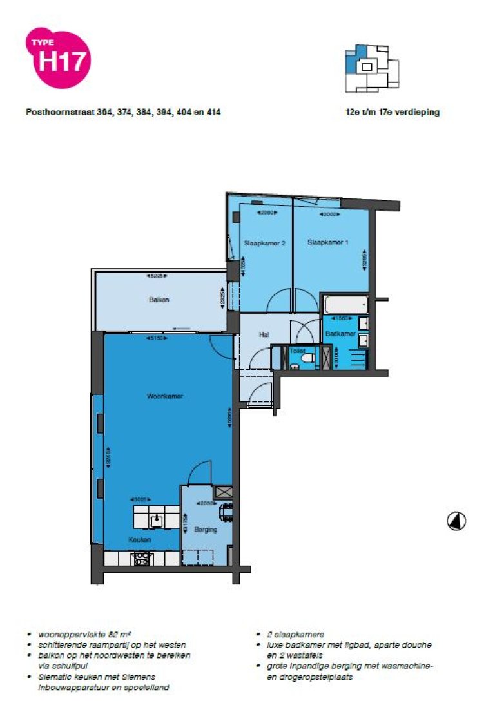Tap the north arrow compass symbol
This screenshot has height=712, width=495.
click(x=456, y=521)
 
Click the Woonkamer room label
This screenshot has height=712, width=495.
click(x=165, y=396)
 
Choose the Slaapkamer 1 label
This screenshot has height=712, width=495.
click(x=327, y=243)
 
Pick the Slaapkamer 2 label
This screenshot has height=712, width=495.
click(x=264, y=243)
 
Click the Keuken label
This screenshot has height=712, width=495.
click(x=140, y=539)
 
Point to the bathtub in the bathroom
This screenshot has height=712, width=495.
click(x=346, y=303)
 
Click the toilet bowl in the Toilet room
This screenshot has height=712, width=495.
click(x=307, y=356)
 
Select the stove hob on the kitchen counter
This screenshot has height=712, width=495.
click(x=142, y=558)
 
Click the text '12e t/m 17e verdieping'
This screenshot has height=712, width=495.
click(x=392, y=112)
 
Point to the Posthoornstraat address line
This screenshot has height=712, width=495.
click(x=123, y=112)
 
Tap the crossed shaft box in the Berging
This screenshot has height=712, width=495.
click(x=223, y=492)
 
